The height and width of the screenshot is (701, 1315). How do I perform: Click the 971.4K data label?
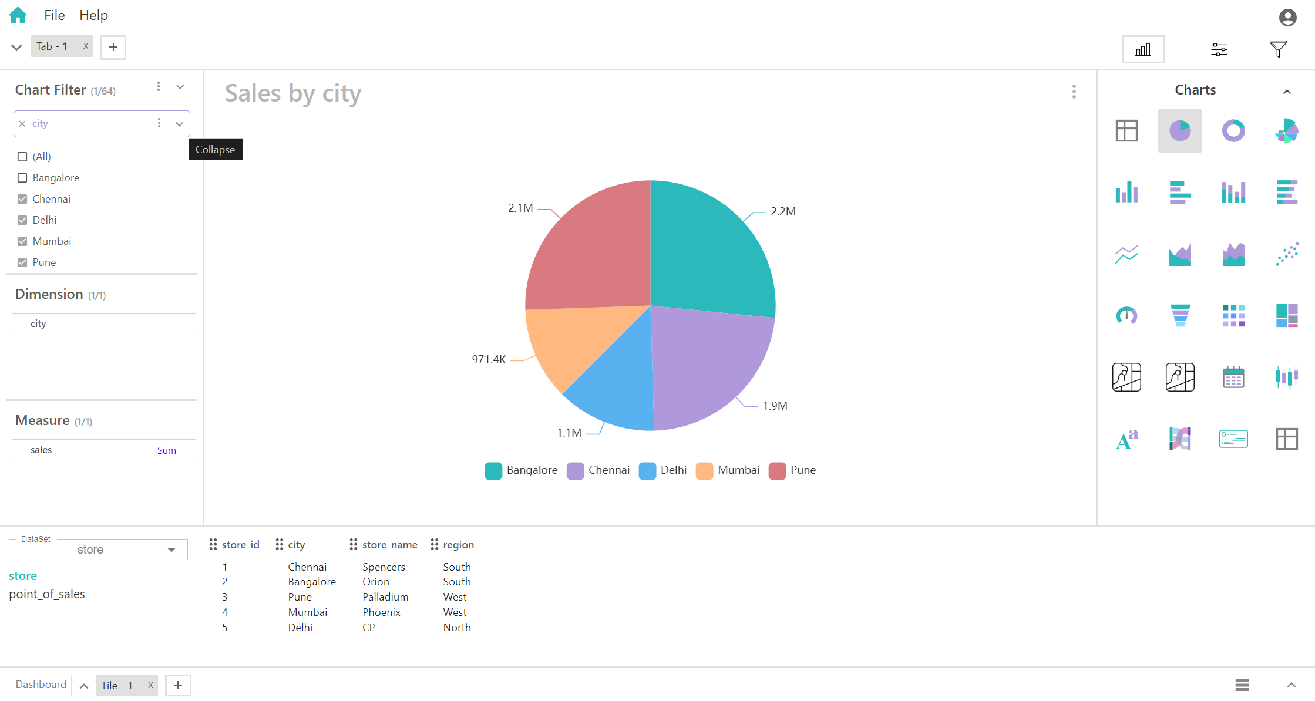point(489,359)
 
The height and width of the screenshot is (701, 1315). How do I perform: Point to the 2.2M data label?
point(783,211)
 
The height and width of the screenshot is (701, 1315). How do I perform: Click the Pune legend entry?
point(792,470)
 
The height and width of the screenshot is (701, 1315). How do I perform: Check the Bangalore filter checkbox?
point(22,178)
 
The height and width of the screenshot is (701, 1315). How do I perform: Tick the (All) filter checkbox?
point(22,157)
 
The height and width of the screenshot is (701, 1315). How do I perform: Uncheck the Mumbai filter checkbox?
point(22,241)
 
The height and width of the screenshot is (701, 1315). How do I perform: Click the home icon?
point(18,15)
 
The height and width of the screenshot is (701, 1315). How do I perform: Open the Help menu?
point(93,15)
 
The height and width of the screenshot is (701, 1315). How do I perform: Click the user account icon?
point(1287,18)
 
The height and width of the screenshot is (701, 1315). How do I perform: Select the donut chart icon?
point(1233,130)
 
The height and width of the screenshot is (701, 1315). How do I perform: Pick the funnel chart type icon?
point(1180,315)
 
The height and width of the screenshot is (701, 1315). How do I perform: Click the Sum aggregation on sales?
point(166,450)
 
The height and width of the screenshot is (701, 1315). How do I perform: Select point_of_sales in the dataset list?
point(47,594)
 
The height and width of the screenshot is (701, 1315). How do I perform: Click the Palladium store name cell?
point(385,597)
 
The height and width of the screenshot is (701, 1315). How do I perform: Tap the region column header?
point(458,545)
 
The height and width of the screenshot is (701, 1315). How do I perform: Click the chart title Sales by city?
point(293,93)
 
